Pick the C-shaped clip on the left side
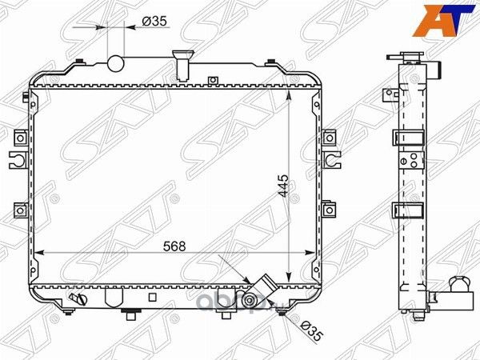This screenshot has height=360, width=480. tap(21, 158)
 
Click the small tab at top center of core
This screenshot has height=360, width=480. tap(212, 79)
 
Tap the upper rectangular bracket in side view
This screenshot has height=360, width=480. tap(406, 138)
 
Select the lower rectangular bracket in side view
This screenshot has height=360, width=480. tap(406, 212)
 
